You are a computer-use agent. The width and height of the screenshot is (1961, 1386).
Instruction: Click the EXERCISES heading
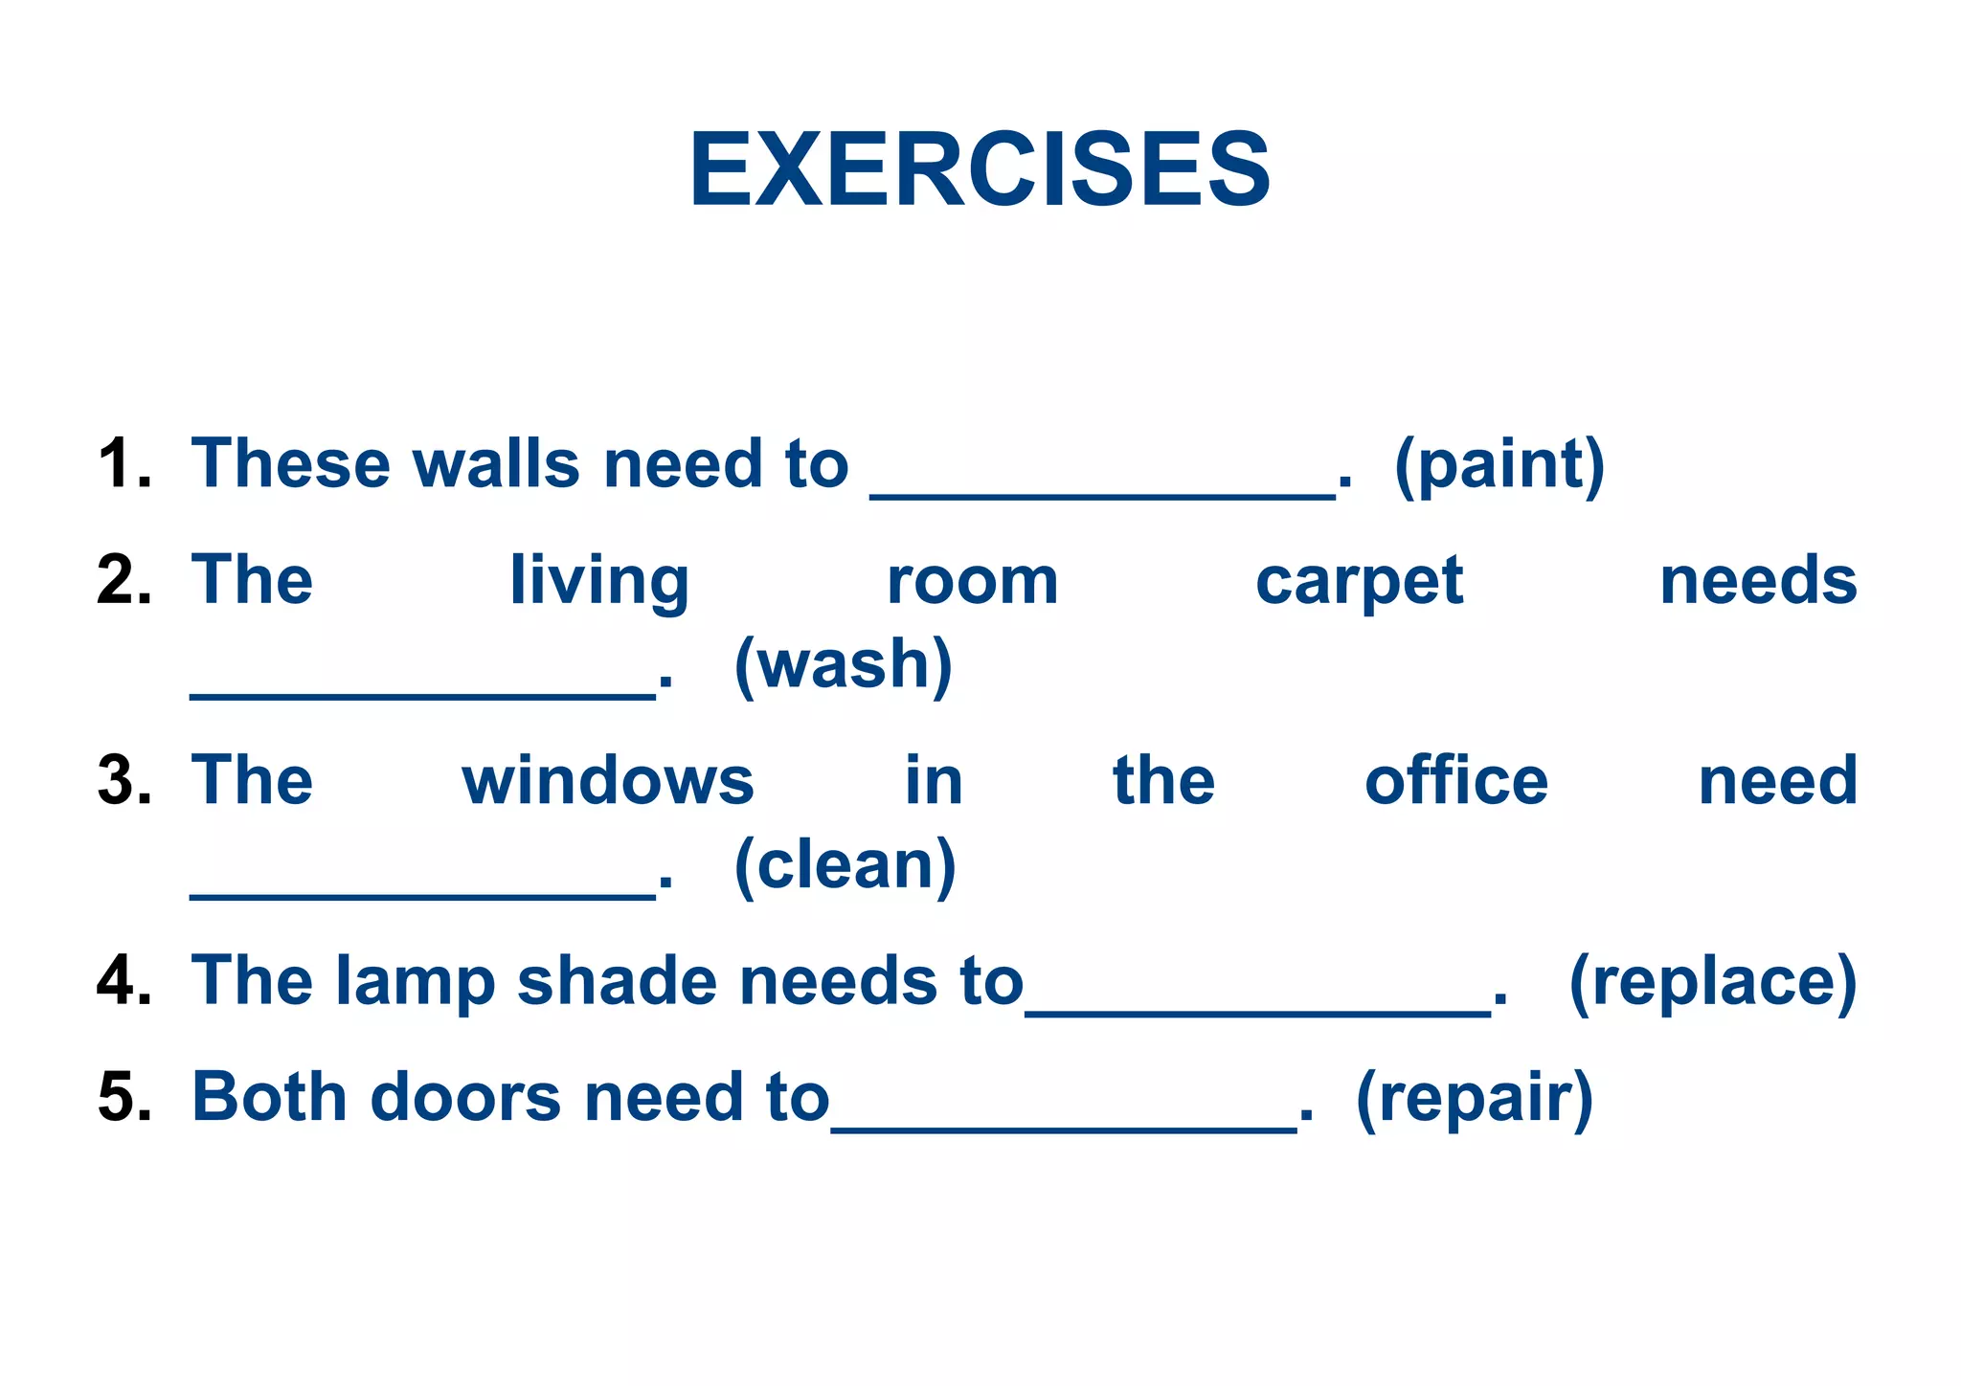tap(980, 170)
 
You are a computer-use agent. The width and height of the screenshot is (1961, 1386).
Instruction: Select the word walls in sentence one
tap(496, 464)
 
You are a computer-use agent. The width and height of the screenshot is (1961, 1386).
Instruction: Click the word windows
tap(608, 781)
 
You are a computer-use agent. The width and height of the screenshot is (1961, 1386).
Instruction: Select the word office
tap(1455, 781)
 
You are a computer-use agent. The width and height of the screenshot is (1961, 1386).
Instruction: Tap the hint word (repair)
tap(1475, 1099)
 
